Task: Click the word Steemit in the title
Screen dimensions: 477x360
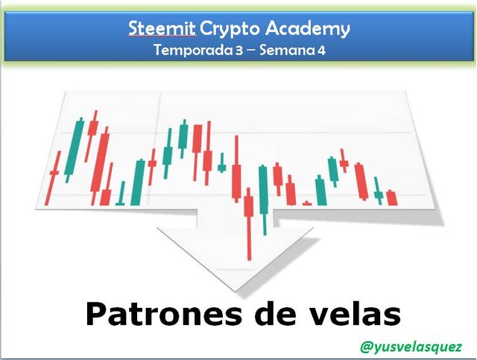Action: [162, 28]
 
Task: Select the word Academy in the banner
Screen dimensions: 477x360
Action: [308, 30]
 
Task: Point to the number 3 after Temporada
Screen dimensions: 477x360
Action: [239, 51]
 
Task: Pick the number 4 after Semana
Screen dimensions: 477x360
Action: [321, 51]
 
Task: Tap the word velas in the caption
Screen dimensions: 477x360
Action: [355, 314]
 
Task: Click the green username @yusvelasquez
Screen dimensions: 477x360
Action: [411, 347]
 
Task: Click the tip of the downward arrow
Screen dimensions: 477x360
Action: [235, 291]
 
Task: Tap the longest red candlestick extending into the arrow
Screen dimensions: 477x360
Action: [249, 224]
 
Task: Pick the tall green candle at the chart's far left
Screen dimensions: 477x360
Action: [74, 150]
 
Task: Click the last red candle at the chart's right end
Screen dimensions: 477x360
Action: [392, 198]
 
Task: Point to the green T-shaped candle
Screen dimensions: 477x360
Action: [121, 194]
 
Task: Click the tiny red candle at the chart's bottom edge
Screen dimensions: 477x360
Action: [307, 203]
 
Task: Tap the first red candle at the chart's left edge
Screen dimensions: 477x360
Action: [53, 178]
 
